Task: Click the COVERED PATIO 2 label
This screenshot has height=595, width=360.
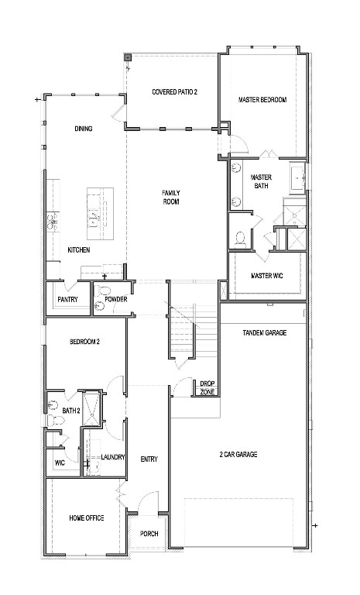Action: (x=174, y=92)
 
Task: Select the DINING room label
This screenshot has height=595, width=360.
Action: (x=84, y=129)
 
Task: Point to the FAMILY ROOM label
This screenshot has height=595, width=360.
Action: (x=170, y=197)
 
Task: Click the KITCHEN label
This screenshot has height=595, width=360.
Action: (x=79, y=249)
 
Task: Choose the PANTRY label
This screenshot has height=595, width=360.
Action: (x=67, y=300)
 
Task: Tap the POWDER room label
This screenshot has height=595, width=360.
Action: (x=115, y=299)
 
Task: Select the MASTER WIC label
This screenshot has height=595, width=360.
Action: (x=266, y=276)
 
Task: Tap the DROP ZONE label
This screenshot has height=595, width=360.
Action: (x=207, y=387)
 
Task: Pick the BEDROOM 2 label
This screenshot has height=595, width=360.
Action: (x=84, y=341)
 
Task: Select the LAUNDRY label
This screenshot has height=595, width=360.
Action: (x=112, y=457)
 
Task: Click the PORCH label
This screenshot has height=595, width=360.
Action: (x=148, y=534)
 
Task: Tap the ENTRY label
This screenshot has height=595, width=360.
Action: (x=149, y=459)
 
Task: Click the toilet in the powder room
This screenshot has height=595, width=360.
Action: (x=98, y=307)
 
